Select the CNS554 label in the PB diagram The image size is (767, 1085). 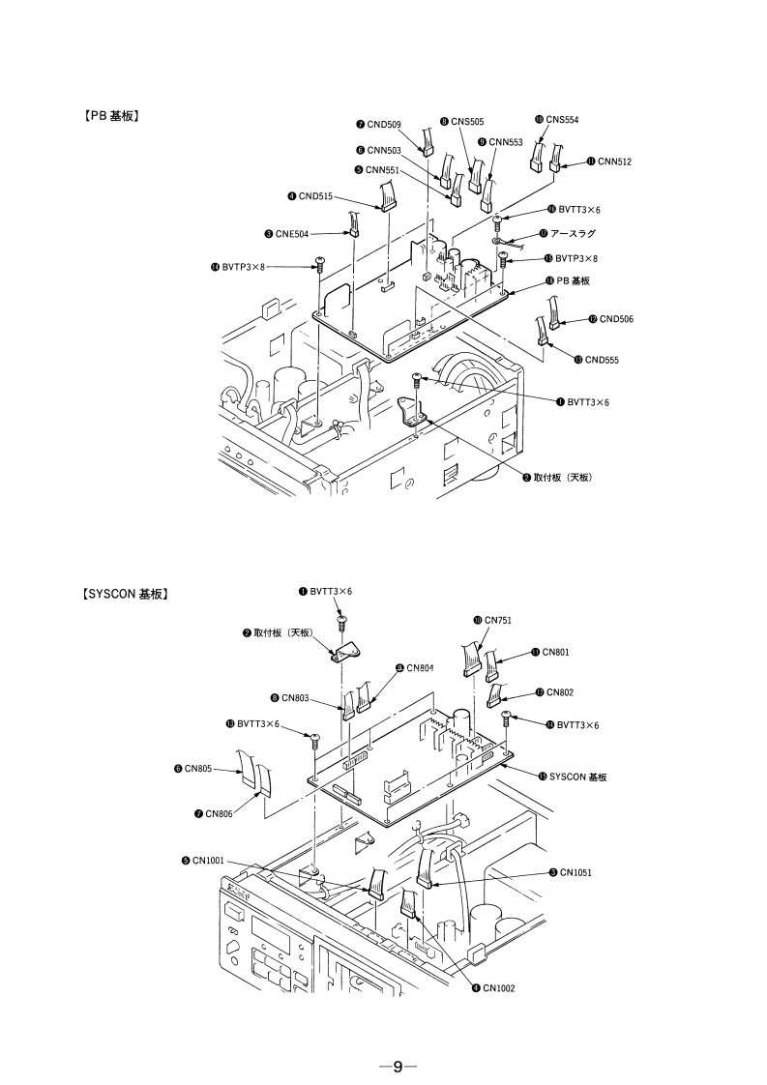(x=562, y=119)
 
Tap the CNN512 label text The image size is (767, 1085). (x=613, y=161)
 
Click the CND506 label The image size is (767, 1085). (x=615, y=318)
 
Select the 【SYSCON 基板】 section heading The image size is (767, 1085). (x=120, y=594)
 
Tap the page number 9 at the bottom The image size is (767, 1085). (x=397, y=1067)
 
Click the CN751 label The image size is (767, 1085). (x=497, y=619)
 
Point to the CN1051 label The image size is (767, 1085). (x=575, y=872)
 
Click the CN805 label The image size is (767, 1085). (x=198, y=770)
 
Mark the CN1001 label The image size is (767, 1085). (x=208, y=860)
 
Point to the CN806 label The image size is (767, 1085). (x=218, y=814)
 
